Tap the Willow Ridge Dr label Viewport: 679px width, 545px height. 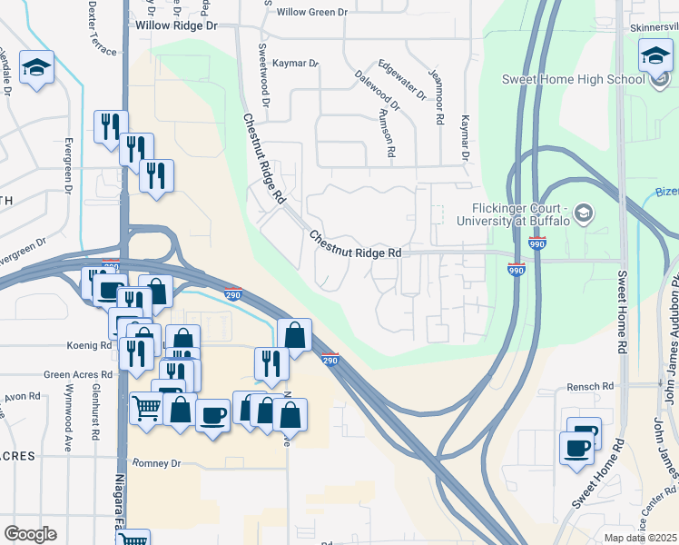177,26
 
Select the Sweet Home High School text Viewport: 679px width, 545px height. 575,79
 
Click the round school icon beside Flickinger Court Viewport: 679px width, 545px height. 584,213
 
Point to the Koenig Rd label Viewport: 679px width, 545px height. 88,346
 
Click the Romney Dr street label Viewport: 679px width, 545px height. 157,463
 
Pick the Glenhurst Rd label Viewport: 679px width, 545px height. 94,417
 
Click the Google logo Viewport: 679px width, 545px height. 30,534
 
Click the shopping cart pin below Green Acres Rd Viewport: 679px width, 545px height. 146,409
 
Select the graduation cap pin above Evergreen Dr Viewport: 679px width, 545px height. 37,66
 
